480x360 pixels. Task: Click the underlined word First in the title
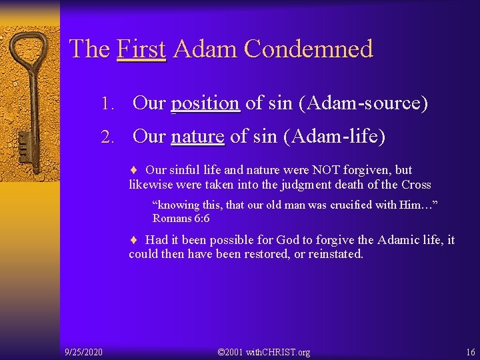point(141,49)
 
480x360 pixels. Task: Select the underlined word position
point(205,103)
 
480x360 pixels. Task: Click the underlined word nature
point(197,136)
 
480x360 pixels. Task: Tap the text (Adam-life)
point(335,136)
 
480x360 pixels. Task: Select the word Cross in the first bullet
point(415,185)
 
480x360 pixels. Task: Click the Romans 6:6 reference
point(181,218)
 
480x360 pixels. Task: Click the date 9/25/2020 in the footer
point(83,351)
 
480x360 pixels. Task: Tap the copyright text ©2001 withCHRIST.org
point(263,351)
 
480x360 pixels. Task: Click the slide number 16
point(471,351)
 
